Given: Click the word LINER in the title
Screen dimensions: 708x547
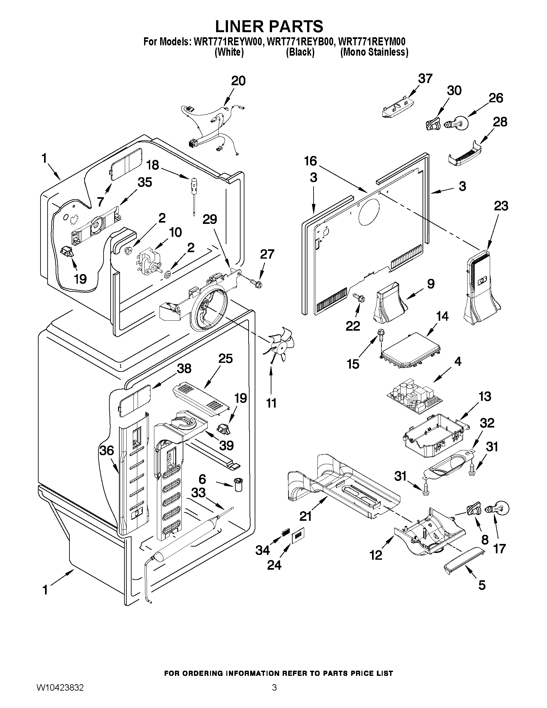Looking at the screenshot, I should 239,26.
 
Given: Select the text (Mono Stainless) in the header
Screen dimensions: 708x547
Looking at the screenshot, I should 374,52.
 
